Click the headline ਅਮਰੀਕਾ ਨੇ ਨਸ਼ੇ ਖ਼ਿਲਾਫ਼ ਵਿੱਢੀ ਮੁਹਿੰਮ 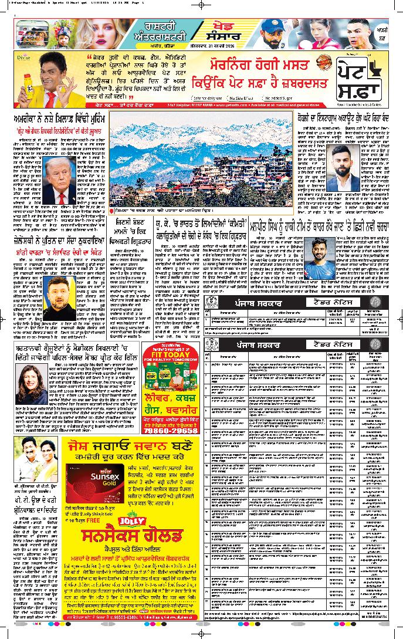57,117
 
